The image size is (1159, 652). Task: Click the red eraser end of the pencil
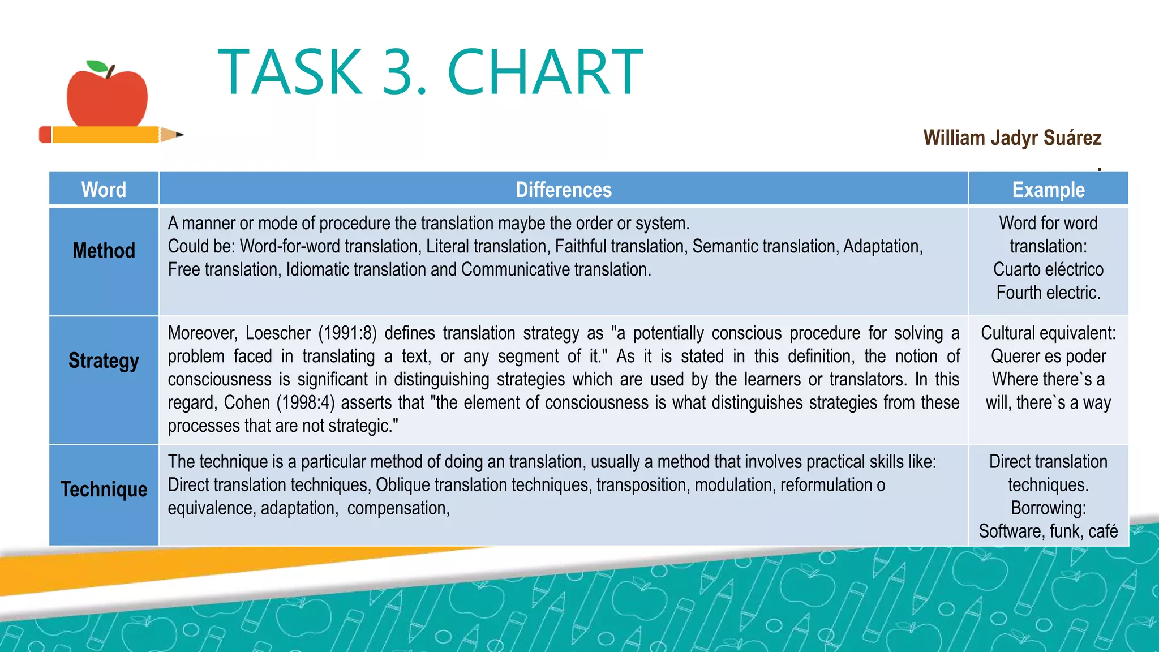point(45,135)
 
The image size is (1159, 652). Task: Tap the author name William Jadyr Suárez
point(1012,138)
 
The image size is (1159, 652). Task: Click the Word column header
point(104,190)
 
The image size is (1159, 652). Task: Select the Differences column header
point(563,190)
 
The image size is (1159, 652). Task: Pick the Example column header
point(1048,190)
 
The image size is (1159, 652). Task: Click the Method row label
point(104,250)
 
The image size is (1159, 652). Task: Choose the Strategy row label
point(104,361)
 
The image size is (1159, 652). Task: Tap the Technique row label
point(104,489)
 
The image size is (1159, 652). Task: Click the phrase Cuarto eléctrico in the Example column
point(1048,269)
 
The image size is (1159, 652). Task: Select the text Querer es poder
point(1048,356)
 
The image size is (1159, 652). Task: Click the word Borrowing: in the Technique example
point(1048,508)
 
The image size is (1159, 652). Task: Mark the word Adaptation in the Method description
point(883,247)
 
